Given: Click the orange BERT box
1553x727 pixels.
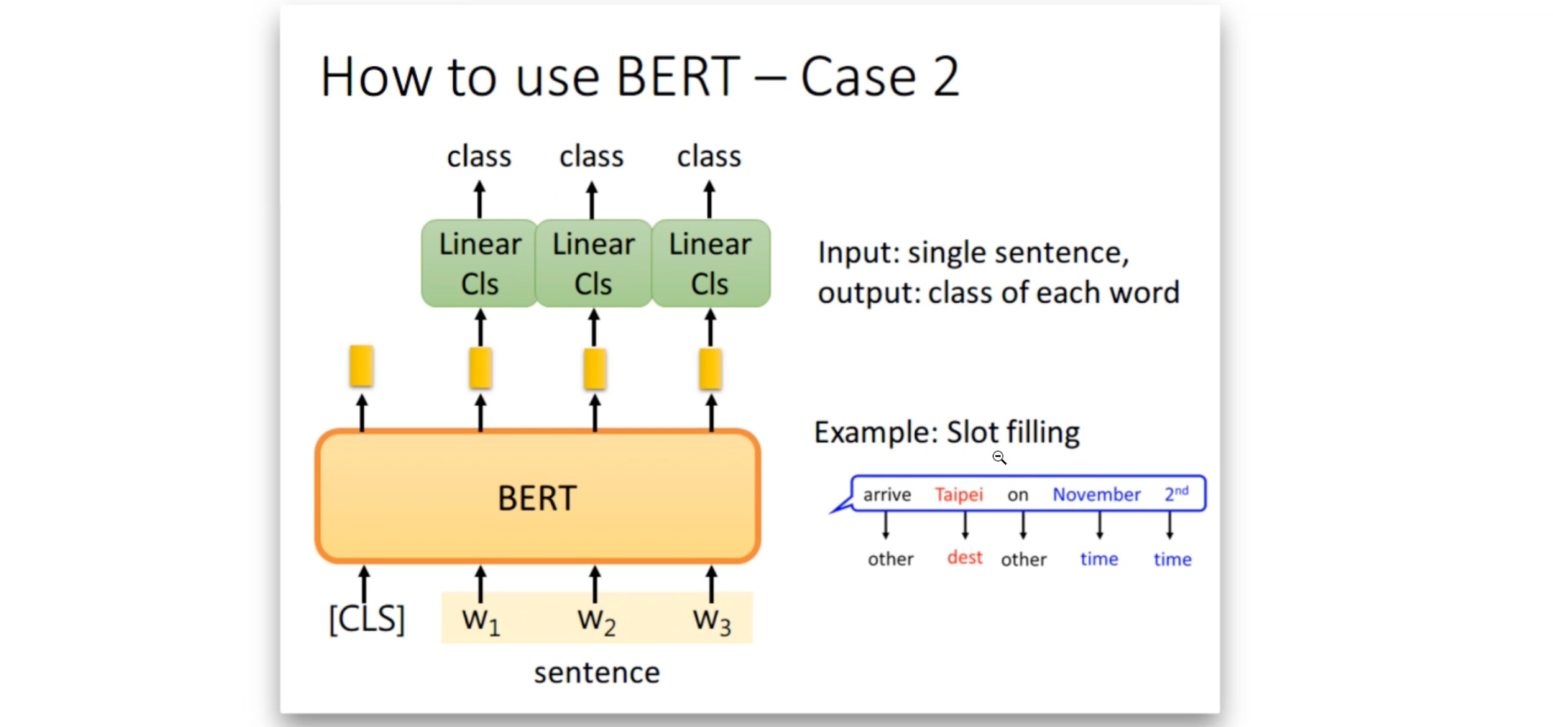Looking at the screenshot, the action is tap(538, 496).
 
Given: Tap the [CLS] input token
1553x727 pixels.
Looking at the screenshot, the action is tap(367, 619).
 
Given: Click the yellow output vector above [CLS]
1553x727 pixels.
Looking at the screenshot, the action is tap(361, 366).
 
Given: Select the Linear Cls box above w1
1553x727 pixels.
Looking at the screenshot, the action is tap(479, 263).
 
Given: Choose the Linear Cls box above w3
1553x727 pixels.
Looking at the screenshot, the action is tap(711, 263).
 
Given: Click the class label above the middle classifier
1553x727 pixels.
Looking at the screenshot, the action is tap(591, 156).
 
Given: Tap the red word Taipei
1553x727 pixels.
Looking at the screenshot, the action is tap(959, 495).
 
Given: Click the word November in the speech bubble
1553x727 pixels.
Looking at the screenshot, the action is tap(1097, 495).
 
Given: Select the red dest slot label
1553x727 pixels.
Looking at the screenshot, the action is tap(965, 557).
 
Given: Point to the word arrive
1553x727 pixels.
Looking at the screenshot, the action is tap(887, 495).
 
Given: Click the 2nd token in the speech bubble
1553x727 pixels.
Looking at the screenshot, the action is tap(1176, 493).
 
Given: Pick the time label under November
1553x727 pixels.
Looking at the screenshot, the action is tap(1099, 559).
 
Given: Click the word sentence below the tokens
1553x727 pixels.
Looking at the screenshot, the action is tap(597, 673).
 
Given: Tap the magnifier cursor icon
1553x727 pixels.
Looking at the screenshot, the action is tap(999, 458).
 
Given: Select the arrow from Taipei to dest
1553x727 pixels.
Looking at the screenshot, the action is tap(965, 525).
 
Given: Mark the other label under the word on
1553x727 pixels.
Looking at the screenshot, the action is tap(1023, 559).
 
